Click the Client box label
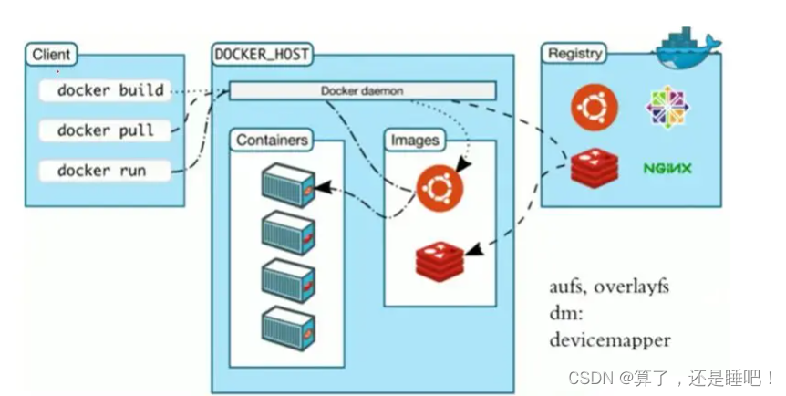(x=51, y=55)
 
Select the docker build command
(x=110, y=90)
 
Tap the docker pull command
(x=105, y=130)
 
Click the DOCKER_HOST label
(x=261, y=55)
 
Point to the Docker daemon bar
(x=362, y=90)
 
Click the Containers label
(x=272, y=141)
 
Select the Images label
(x=415, y=141)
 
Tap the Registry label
(x=574, y=53)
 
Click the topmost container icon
(x=288, y=185)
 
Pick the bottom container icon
(x=288, y=327)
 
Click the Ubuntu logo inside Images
(x=440, y=187)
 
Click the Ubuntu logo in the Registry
(x=594, y=106)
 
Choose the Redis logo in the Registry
(x=595, y=167)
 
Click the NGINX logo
(x=667, y=168)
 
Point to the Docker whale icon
(x=687, y=43)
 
